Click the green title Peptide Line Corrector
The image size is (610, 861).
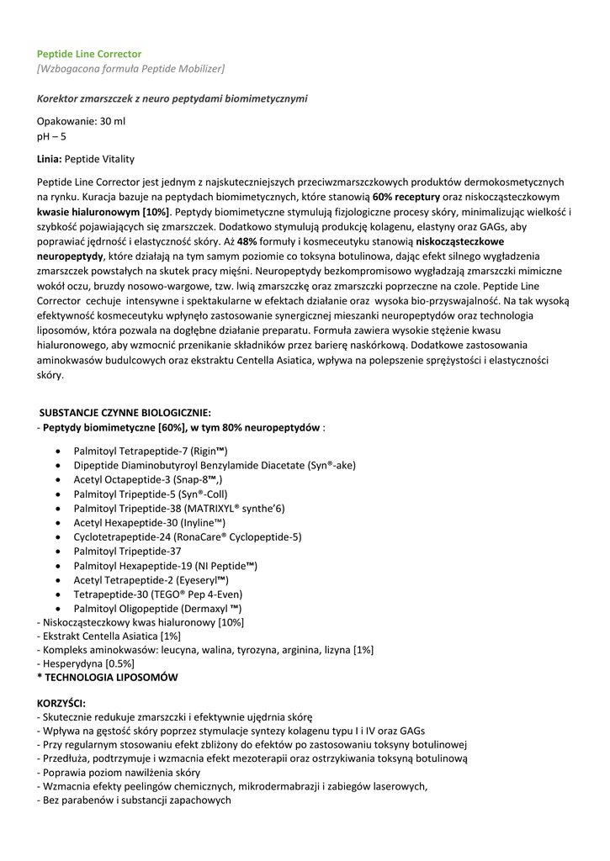coord(89,53)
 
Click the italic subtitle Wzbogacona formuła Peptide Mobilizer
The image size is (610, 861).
coord(130,68)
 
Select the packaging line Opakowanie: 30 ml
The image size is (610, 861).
coord(81,121)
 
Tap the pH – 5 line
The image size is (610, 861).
coord(51,136)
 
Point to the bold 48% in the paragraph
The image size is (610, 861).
coord(247,242)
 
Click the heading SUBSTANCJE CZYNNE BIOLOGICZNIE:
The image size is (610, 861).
coord(126,413)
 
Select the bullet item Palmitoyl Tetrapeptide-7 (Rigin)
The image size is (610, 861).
coord(151,451)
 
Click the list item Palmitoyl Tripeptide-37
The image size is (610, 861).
coord(127,552)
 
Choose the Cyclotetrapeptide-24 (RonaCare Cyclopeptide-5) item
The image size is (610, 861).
coord(188,536)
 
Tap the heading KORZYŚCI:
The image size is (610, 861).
coord(61,702)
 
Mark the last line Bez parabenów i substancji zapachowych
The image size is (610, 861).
coord(135,800)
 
